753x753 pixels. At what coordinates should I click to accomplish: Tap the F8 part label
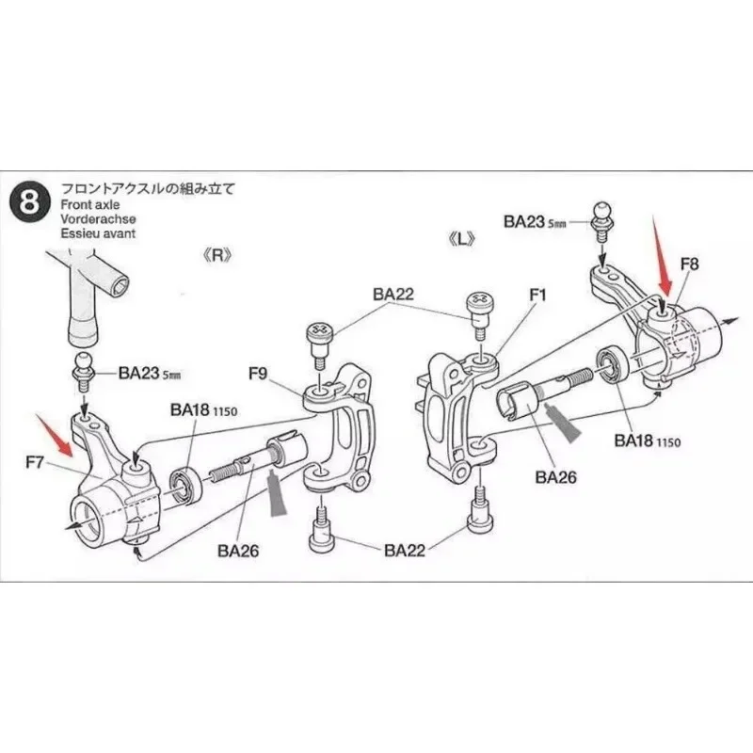click(x=688, y=265)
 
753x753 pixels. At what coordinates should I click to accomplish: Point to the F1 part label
click(x=537, y=294)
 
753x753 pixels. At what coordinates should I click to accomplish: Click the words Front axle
click(x=88, y=203)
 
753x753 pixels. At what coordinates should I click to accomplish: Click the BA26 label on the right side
click(x=554, y=476)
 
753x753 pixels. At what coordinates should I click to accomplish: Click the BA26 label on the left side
click(x=235, y=551)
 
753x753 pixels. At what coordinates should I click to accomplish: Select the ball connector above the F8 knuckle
click(x=602, y=215)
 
